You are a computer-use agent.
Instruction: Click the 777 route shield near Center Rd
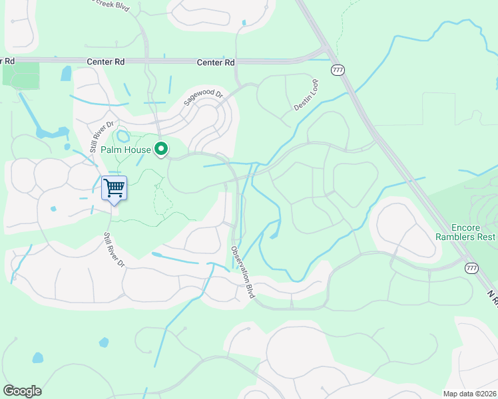tap(338, 69)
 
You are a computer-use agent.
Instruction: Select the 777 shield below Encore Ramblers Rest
tap(472, 267)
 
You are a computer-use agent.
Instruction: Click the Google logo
tap(22, 391)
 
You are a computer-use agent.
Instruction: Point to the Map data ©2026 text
tap(470, 394)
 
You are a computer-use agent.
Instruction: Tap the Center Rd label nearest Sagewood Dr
tap(216, 63)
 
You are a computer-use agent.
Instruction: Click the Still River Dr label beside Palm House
tap(103, 136)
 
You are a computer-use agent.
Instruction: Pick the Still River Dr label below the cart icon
tap(114, 250)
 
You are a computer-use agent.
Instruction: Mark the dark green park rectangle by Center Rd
tap(21, 76)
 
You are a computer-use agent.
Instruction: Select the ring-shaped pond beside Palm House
tap(123, 137)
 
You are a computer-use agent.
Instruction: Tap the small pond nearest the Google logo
tap(37, 358)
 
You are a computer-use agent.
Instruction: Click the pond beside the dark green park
tap(66, 73)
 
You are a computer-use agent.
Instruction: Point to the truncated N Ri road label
tap(491, 297)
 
